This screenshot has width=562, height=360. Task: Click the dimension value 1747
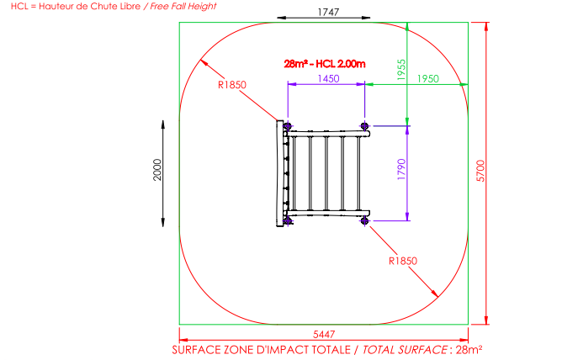[328, 12]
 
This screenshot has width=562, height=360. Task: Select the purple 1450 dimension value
[328, 78]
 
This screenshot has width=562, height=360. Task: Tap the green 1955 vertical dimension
[401, 70]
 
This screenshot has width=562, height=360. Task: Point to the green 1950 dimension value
[428, 78]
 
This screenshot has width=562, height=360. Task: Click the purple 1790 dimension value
[401, 169]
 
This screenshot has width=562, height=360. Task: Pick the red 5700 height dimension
[480, 171]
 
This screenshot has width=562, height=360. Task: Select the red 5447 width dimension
[324, 334]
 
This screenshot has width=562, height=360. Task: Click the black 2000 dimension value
[157, 170]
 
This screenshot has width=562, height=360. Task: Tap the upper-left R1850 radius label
[232, 85]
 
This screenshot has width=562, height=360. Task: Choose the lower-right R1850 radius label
[403, 261]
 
